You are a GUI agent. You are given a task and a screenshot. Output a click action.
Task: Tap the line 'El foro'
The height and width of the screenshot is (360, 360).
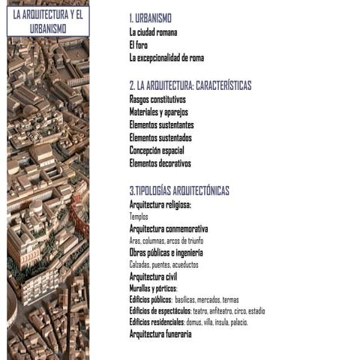point(138,45)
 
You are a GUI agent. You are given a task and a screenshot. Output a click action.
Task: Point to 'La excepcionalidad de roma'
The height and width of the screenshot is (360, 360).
point(166,58)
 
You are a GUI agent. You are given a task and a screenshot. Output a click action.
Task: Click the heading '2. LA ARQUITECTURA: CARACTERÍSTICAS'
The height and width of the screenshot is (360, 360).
point(190,85)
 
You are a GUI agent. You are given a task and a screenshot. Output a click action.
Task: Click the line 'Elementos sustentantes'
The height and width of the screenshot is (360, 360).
point(161,124)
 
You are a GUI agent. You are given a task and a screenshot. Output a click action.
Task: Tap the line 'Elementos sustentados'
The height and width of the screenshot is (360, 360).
point(160,137)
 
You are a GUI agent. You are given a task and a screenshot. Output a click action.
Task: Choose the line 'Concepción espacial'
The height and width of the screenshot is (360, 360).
point(157,150)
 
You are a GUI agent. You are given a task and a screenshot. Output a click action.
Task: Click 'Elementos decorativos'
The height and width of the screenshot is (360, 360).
point(160,163)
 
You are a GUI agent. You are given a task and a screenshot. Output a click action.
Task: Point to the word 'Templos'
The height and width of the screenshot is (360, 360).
point(139,216)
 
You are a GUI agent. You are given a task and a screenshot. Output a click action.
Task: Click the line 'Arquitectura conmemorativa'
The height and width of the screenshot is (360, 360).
point(168,228)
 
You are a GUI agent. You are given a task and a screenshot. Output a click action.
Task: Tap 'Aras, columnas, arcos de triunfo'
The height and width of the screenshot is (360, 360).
point(166,241)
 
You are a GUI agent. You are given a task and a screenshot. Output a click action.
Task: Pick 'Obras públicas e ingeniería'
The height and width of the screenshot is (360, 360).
point(166,253)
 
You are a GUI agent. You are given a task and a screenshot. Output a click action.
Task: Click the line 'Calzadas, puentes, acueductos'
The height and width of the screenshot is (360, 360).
point(163,265)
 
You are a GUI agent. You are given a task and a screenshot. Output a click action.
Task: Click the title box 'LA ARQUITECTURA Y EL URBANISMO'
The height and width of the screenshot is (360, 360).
point(48,21)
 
